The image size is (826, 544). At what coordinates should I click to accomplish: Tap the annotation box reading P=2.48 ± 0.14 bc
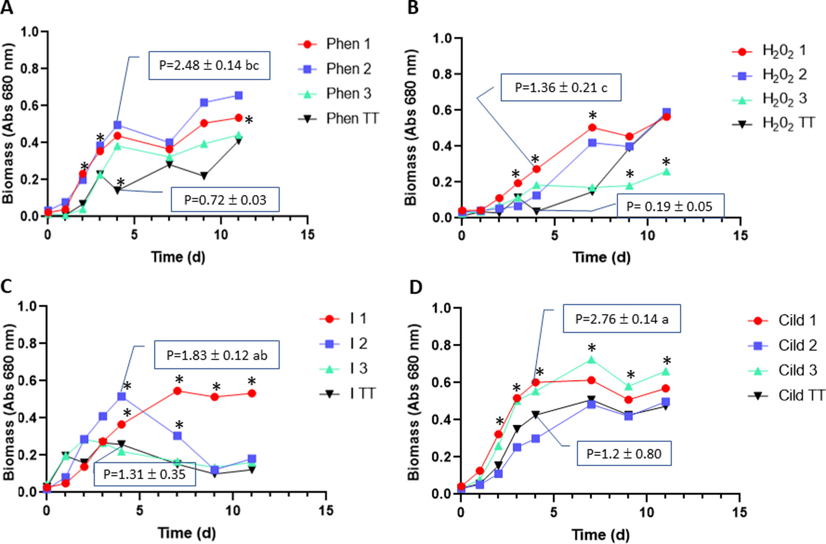[209, 66]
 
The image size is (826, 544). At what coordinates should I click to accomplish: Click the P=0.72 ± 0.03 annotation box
[225, 200]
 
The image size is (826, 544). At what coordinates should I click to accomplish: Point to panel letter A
[7, 7]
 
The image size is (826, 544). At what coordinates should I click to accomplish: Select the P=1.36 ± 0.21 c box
[561, 88]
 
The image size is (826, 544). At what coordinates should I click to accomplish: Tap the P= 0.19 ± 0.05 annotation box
[670, 206]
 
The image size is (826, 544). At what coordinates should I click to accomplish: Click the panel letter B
[413, 7]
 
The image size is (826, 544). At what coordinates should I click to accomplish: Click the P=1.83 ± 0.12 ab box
[216, 355]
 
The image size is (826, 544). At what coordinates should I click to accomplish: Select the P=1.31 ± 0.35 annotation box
[144, 474]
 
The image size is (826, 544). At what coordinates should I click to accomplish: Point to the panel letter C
[7, 286]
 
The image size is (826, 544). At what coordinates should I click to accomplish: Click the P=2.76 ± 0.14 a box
[622, 319]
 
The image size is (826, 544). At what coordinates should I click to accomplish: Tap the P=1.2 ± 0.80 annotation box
[624, 453]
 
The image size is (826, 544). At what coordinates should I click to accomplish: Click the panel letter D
[416, 287]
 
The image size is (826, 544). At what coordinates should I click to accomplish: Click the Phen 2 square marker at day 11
[239, 95]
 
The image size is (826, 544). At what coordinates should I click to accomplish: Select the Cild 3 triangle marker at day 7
[591, 360]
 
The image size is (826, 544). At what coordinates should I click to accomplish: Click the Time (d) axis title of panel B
[601, 257]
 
